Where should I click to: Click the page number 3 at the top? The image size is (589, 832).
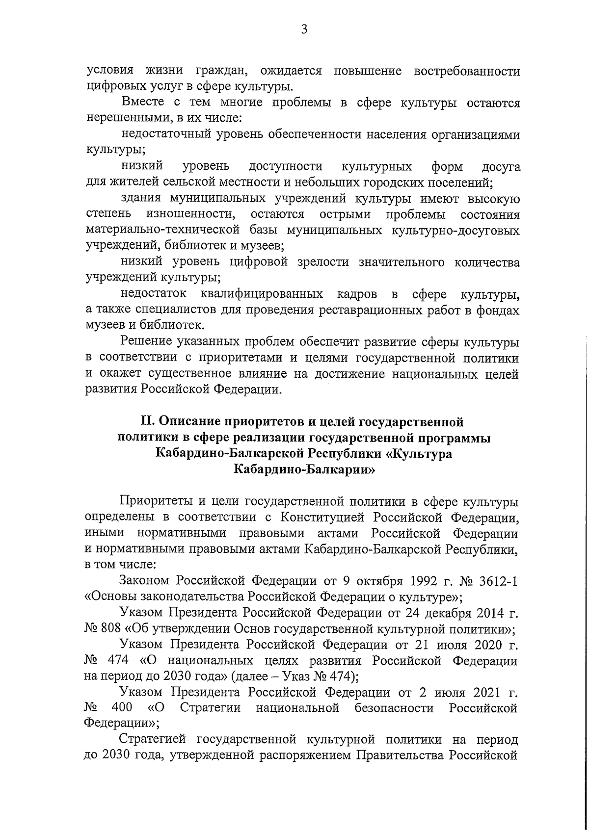[x=304, y=30]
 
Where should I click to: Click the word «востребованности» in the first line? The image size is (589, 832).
[x=467, y=71]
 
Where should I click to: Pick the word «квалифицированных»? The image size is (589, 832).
[x=262, y=294]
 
